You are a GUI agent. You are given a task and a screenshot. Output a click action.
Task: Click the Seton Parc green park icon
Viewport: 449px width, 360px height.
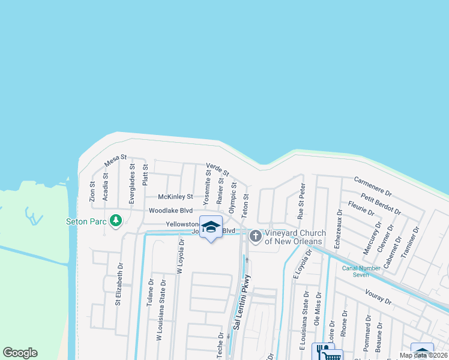click(x=116, y=221)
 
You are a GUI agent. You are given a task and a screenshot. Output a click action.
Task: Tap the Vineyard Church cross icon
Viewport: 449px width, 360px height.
click(x=255, y=236)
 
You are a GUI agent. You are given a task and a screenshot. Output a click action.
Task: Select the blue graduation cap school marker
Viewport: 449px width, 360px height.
click(x=211, y=227)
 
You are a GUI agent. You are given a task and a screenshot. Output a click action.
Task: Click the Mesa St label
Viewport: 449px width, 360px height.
click(x=116, y=160)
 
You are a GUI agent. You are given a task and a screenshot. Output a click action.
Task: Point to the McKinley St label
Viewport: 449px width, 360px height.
click(x=175, y=196)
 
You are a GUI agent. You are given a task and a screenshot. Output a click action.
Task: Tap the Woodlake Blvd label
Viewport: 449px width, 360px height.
click(x=170, y=211)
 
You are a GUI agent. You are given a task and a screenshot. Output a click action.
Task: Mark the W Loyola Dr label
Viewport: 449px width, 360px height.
click(x=179, y=258)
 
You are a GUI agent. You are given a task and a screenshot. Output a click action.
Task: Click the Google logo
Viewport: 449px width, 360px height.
click(x=20, y=353)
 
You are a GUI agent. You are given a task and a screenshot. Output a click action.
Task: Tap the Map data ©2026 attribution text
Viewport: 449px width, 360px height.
click(x=424, y=355)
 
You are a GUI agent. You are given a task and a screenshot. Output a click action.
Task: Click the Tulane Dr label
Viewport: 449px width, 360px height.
click(x=150, y=292)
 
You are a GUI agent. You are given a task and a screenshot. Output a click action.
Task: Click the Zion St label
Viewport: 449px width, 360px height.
click(x=92, y=191)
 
